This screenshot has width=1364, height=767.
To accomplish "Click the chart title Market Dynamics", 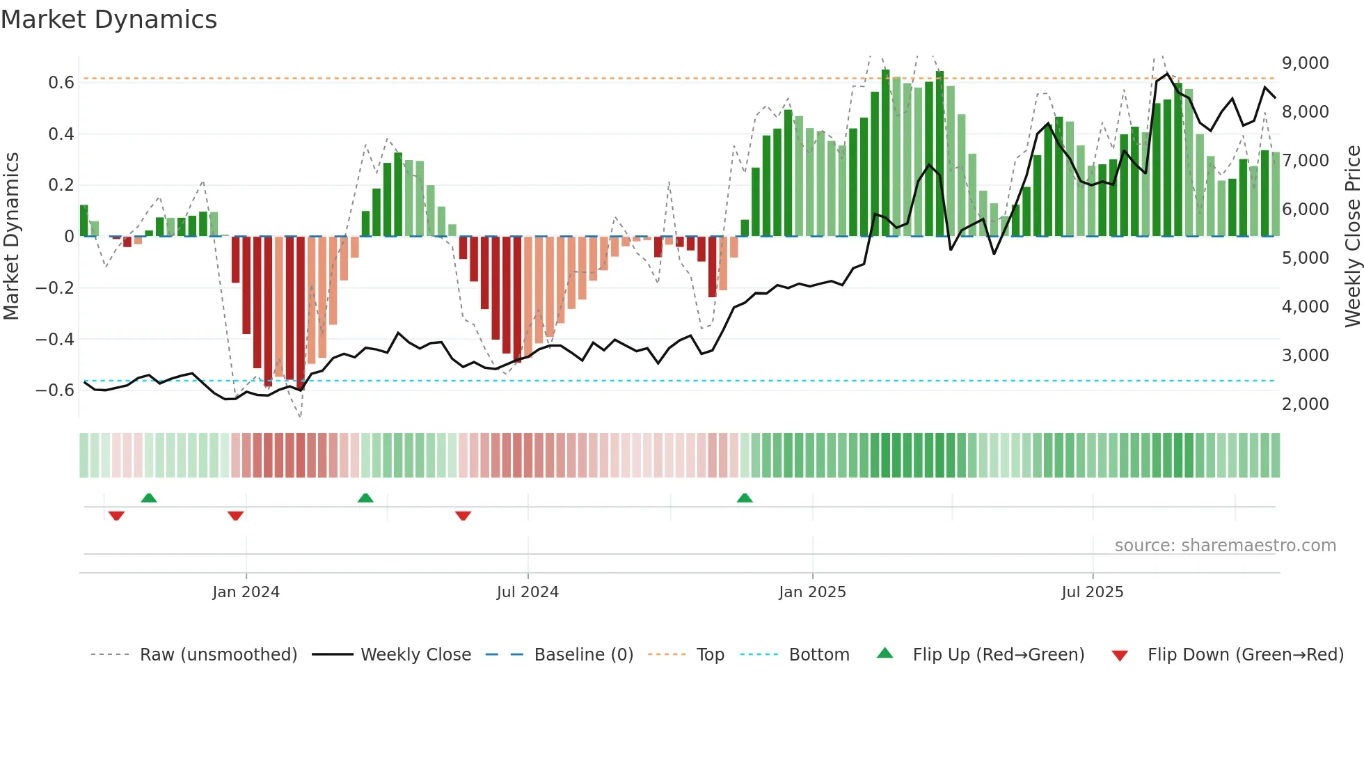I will pos(109,19).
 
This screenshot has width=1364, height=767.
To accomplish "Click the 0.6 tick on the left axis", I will pos(61,83).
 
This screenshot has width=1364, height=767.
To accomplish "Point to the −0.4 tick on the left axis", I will pos(55,339).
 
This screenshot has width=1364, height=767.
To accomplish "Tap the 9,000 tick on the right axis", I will pos(1305,63).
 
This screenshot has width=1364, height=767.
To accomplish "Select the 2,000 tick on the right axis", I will pos(1305,404).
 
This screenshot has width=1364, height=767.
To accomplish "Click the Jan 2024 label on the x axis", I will pos(246,592).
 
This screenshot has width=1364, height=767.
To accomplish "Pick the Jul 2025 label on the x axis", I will pos(1092,592).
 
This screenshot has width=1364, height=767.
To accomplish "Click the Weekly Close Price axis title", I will pos(1352,237).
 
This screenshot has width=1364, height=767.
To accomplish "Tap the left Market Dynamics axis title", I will pos(11,237).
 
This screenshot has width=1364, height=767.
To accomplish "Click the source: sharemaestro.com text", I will pos(1225,546).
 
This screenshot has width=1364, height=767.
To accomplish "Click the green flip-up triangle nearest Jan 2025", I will pos(745,498).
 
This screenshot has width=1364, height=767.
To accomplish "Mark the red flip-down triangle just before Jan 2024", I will pos(235,516).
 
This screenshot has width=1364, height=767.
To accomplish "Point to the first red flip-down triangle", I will pos(116,516).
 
